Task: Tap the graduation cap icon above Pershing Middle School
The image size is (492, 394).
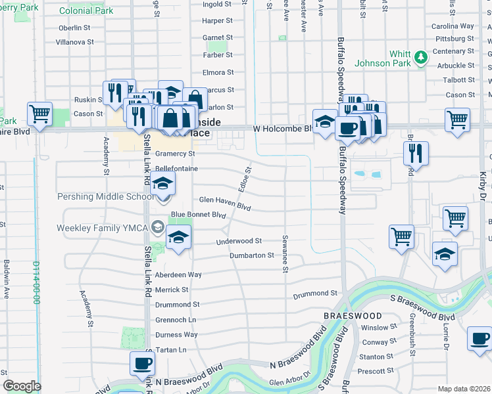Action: click(163, 183)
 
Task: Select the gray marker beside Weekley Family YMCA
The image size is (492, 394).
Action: click(157, 227)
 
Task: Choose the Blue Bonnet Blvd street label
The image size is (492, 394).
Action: click(198, 215)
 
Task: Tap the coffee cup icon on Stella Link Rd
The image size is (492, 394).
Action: click(142, 363)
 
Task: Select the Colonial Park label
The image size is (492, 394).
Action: click(86, 11)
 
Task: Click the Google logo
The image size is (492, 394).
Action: click(22, 386)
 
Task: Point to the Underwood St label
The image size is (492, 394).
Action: click(239, 242)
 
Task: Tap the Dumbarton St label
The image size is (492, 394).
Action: click(252, 255)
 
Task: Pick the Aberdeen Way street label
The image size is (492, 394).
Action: click(178, 274)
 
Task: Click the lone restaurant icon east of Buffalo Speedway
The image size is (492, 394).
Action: click(416, 153)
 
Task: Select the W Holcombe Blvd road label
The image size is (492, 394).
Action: click(282, 129)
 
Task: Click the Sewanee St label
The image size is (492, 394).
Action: click(285, 250)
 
